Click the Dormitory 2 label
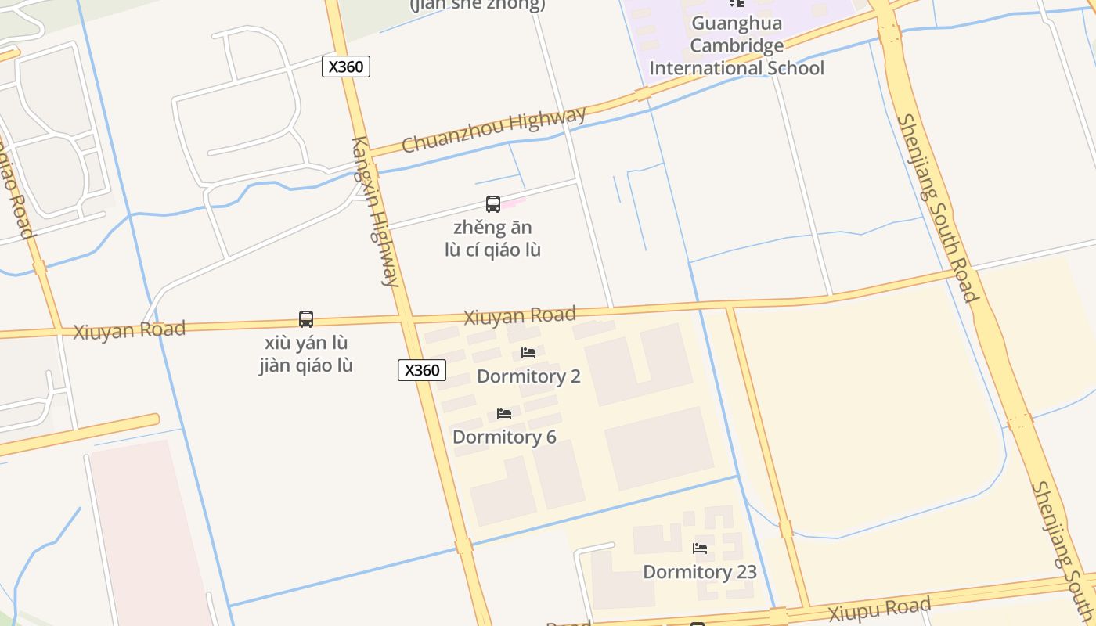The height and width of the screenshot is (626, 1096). [528, 376]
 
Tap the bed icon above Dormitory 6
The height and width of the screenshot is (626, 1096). [504, 413]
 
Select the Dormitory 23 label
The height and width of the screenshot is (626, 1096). [700, 572]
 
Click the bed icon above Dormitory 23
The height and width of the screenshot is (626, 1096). [700, 549]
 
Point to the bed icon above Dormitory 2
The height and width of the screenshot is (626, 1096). [528, 353]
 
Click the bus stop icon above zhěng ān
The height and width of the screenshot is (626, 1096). [493, 204]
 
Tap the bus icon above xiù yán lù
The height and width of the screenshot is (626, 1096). [306, 319]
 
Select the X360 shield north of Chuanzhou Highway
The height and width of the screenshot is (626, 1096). [345, 67]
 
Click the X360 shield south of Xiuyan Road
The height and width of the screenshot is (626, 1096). [422, 370]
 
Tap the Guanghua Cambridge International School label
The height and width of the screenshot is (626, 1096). [737, 45]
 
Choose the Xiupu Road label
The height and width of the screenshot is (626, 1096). [880, 610]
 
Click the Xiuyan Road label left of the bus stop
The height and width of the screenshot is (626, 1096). [129, 329]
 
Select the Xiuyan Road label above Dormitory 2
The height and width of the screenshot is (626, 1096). [520, 316]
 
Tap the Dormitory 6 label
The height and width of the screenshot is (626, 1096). [504, 437]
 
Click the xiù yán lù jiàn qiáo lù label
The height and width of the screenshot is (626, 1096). [306, 354]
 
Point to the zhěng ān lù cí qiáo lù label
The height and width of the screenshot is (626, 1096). [493, 239]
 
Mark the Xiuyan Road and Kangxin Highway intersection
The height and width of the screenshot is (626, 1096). [406, 319]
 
